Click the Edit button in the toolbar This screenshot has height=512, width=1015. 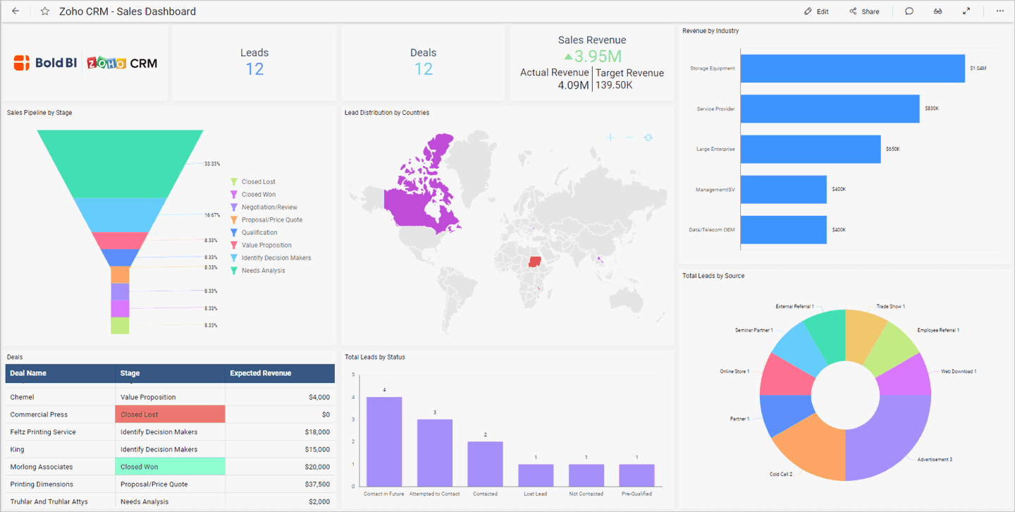pyautogui.click(x=816, y=11)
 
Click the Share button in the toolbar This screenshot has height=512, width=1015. pyautogui.click(x=864, y=11)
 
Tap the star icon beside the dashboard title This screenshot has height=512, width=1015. pyautogui.click(x=45, y=11)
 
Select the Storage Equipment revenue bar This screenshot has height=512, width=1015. pyautogui.click(x=852, y=68)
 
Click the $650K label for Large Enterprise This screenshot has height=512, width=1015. pyautogui.click(x=893, y=149)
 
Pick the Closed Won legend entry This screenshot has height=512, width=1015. pyautogui.click(x=258, y=195)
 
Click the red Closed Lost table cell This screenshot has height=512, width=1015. pyautogui.click(x=170, y=415)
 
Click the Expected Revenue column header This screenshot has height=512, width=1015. pyautogui.click(x=260, y=373)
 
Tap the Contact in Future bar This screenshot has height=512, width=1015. pyautogui.click(x=384, y=441)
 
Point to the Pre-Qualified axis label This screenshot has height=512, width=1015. pyautogui.click(x=636, y=494)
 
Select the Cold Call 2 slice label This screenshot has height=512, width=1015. pyautogui.click(x=780, y=474)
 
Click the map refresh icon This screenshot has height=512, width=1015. pyautogui.click(x=648, y=138)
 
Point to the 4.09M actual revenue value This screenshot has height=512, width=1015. pyautogui.click(x=573, y=85)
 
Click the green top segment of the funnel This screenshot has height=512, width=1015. pyautogui.click(x=120, y=162)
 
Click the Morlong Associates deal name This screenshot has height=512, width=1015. pyautogui.click(x=41, y=467)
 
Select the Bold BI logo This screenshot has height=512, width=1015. pyautogui.click(x=44, y=63)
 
